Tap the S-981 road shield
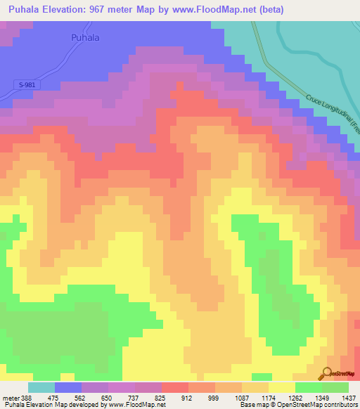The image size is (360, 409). pyautogui.click(x=27, y=85)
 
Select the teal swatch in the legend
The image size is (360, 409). pyautogui.click(x=41, y=387)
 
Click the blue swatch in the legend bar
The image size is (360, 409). pyautogui.click(x=68, y=387)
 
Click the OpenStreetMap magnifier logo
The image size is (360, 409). pyautogui.click(x=327, y=372)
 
